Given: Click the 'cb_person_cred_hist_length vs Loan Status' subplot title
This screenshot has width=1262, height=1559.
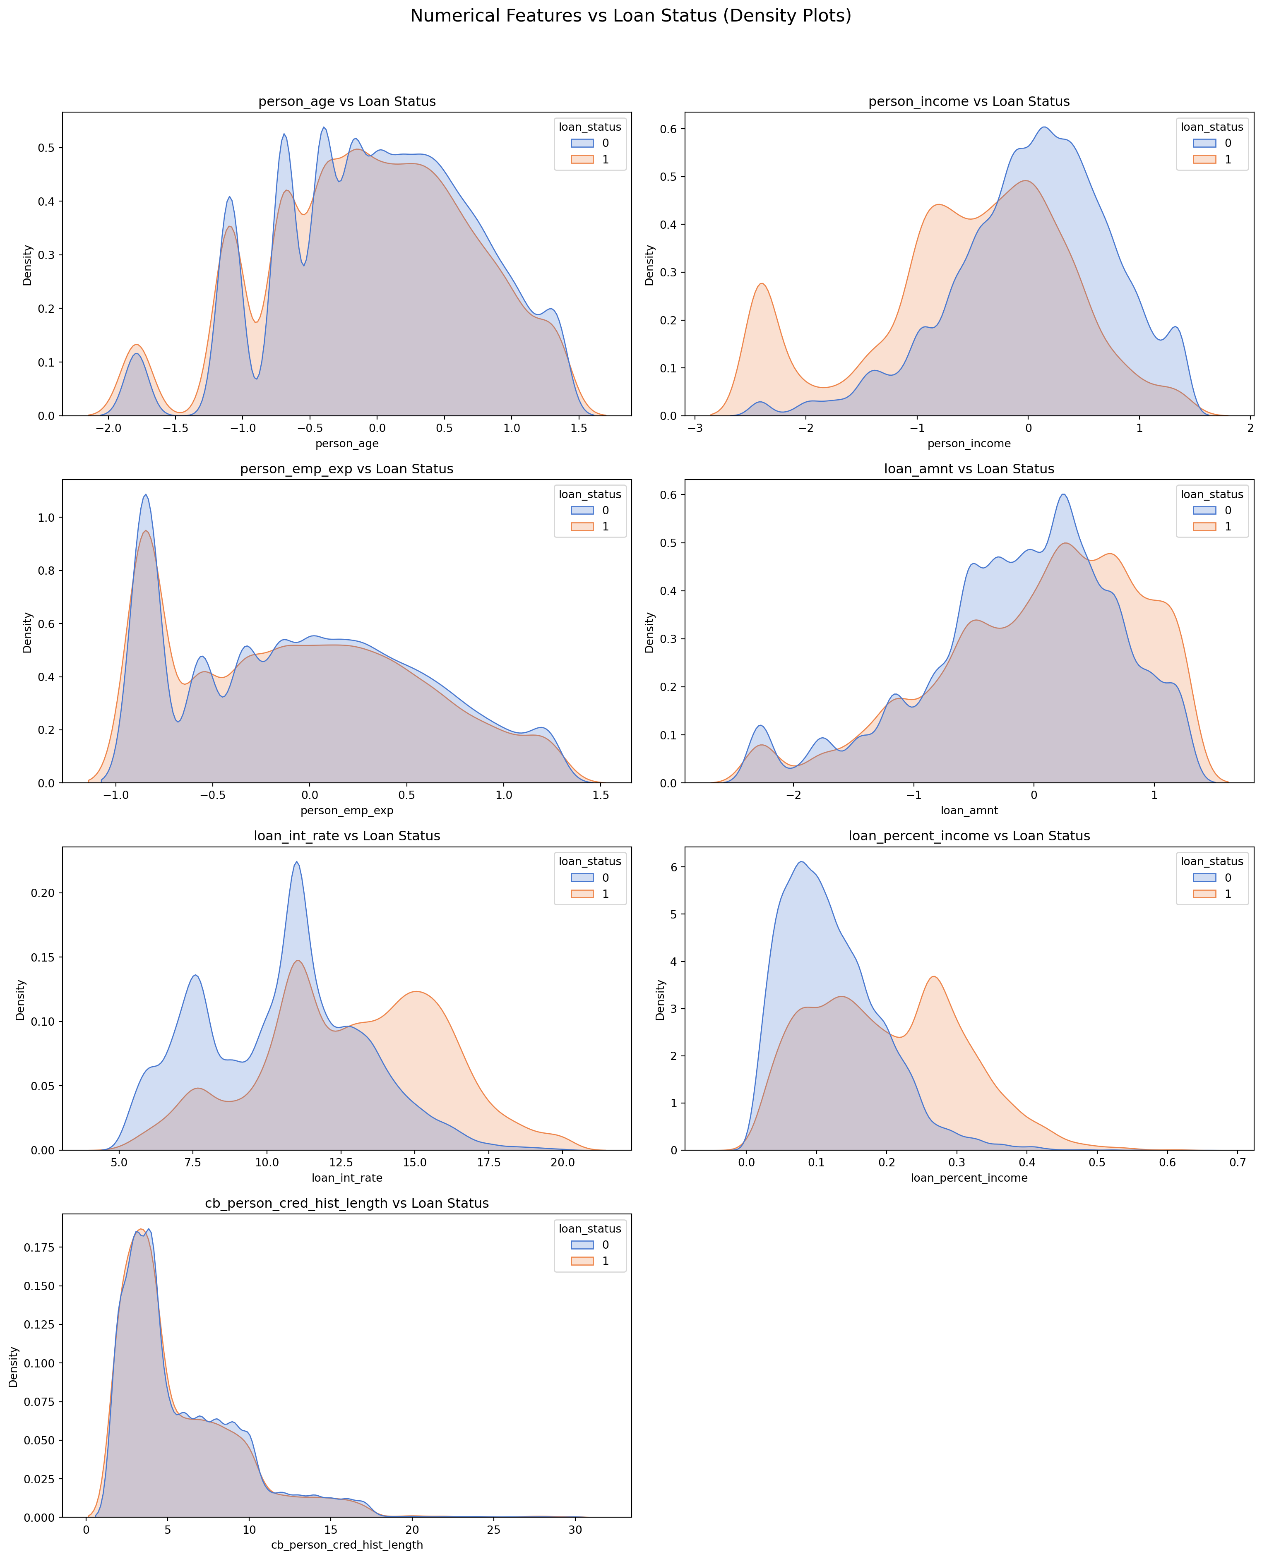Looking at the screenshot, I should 347,1203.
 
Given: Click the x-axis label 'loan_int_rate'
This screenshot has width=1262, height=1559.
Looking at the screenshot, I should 347,1178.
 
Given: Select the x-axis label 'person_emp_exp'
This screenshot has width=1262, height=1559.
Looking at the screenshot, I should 347,811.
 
